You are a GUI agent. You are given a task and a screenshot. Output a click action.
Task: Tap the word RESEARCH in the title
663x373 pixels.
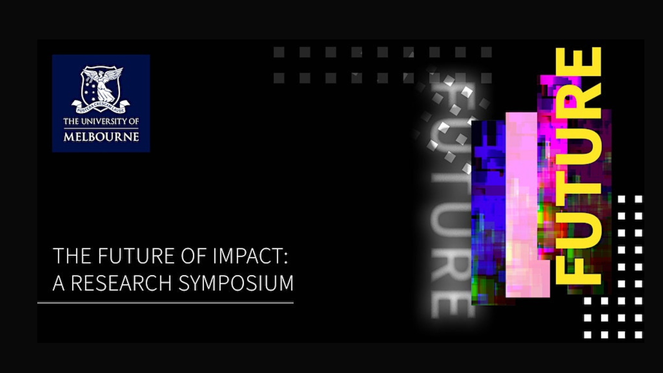[121, 284]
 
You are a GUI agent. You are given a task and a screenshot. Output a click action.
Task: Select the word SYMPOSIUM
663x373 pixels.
[236, 284]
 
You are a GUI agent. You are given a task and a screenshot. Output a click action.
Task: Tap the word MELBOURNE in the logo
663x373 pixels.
[101, 137]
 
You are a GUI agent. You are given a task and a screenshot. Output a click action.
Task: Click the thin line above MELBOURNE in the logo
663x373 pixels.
[101, 129]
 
